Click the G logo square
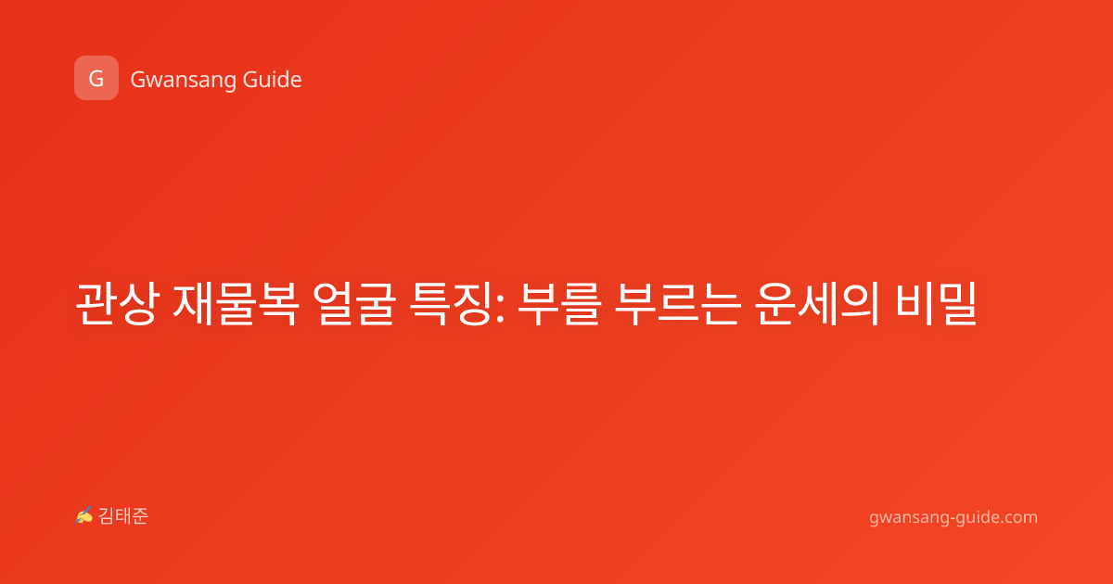(96, 78)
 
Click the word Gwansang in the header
(183, 81)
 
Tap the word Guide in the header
(273, 80)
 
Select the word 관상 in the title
(116, 304)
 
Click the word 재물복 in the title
(236, 304)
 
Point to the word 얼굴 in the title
(354, 304)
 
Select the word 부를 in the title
(559, 304)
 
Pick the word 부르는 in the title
(678, 304)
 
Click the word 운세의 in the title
(817, 304)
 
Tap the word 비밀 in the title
(937, 304)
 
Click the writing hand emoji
(84, 515)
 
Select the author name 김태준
(123, 516)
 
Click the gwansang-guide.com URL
(953, 517)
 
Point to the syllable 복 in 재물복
(278, 304)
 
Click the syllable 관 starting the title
(96, 304)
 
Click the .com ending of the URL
(1018, 517)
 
